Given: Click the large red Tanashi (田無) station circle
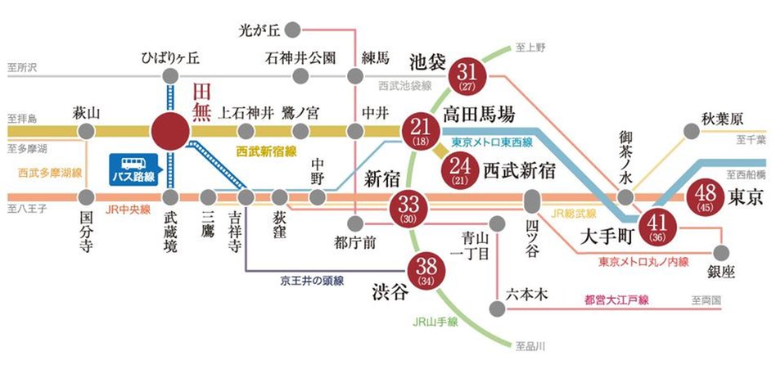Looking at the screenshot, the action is coord(170,131).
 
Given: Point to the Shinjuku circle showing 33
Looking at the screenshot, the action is coord(410,206).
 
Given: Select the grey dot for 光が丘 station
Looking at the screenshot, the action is coord(292,29).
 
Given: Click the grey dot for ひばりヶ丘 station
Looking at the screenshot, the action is coord(170,76).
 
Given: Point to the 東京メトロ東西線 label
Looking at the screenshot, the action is coord(492,143).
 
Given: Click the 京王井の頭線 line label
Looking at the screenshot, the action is coord(310,281).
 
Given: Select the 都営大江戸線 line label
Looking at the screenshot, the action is coord(616,300).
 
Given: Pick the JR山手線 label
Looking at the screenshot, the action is coord(436,322).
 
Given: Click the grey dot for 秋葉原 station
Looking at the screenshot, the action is coord(692,131).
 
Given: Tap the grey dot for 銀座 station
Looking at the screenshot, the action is coord(722,252).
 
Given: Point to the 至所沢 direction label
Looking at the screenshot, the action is coord(22,66).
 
